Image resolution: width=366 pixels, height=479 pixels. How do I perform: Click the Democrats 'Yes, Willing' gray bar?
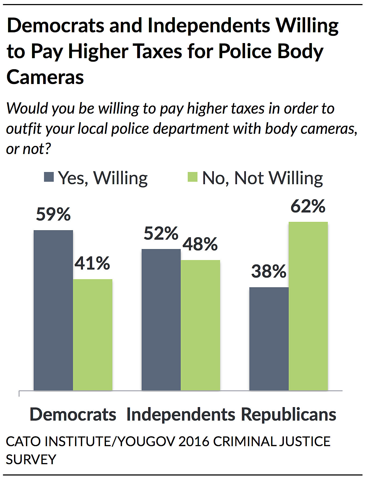click(53, 310)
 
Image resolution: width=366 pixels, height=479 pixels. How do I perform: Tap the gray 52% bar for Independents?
click(161, 319)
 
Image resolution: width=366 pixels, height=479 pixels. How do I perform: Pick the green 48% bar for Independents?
click(200, 325)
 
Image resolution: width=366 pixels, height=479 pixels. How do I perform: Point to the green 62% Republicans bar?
click(308, 306)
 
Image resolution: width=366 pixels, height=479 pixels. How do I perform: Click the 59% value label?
click(53, 214)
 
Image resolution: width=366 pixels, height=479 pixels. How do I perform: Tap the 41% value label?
click(92, 263)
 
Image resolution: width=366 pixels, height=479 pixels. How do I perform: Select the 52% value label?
click(161, 233)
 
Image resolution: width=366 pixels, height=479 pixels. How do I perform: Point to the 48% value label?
click(200, 244)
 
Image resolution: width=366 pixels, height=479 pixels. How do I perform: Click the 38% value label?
click(269, 271)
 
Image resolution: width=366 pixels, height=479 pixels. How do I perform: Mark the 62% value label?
click(308, 207)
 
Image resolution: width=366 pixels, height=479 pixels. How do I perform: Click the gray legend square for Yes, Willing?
click(49, 177)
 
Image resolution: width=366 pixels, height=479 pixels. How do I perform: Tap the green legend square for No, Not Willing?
click(193, 177)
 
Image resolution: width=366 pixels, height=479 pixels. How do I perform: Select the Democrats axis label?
click(73, 414)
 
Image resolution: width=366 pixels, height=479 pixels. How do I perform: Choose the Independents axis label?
click(181, 414)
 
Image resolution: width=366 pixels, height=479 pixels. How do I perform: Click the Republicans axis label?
click(288, 414)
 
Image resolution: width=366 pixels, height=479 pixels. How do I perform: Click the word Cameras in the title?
click(45, 77)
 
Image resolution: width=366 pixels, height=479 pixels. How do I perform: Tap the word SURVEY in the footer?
click(31, 459)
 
